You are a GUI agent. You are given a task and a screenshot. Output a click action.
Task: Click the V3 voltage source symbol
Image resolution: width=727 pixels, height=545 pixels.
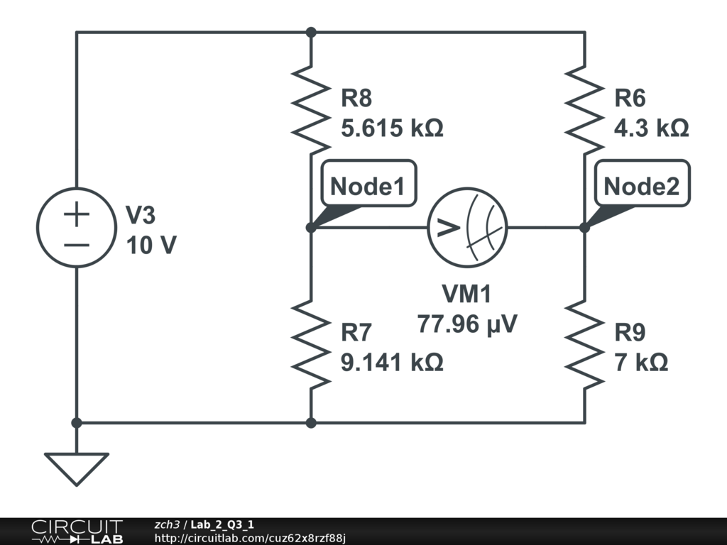click(77, 228)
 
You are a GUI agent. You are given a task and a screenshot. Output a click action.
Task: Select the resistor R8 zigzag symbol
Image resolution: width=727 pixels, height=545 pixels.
click(311, 104)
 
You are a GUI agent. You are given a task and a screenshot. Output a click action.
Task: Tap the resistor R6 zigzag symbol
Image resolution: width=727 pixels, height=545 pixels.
click(584, 104)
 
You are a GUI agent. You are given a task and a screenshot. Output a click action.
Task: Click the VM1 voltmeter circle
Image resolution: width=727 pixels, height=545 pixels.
click(467, 228)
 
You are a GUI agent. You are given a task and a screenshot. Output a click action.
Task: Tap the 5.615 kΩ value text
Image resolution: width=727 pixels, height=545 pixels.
click(392, 128)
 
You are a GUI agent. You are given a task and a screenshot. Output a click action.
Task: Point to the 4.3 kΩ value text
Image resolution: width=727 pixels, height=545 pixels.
click(652, 128)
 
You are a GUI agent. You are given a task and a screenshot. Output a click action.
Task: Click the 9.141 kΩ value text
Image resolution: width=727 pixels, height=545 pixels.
click(392, 362)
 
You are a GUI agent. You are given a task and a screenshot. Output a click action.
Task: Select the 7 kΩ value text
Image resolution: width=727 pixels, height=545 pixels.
click(641, 362)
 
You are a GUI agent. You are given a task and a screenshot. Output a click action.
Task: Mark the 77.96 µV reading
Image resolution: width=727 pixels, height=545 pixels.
click(467, 324)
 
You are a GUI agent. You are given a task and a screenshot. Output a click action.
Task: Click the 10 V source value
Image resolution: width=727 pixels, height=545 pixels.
click(151, 246)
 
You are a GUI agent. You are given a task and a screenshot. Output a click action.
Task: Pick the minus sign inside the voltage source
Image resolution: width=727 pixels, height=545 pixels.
click(77, 246)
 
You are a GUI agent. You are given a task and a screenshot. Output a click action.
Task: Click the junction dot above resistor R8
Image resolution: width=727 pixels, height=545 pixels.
click(311, 32)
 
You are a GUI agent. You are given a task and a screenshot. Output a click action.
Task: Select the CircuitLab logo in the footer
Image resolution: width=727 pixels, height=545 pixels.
click(77, 532)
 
